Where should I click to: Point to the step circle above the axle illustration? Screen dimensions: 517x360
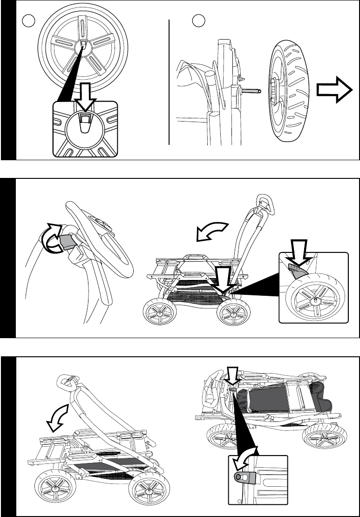[x=199, y=21]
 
